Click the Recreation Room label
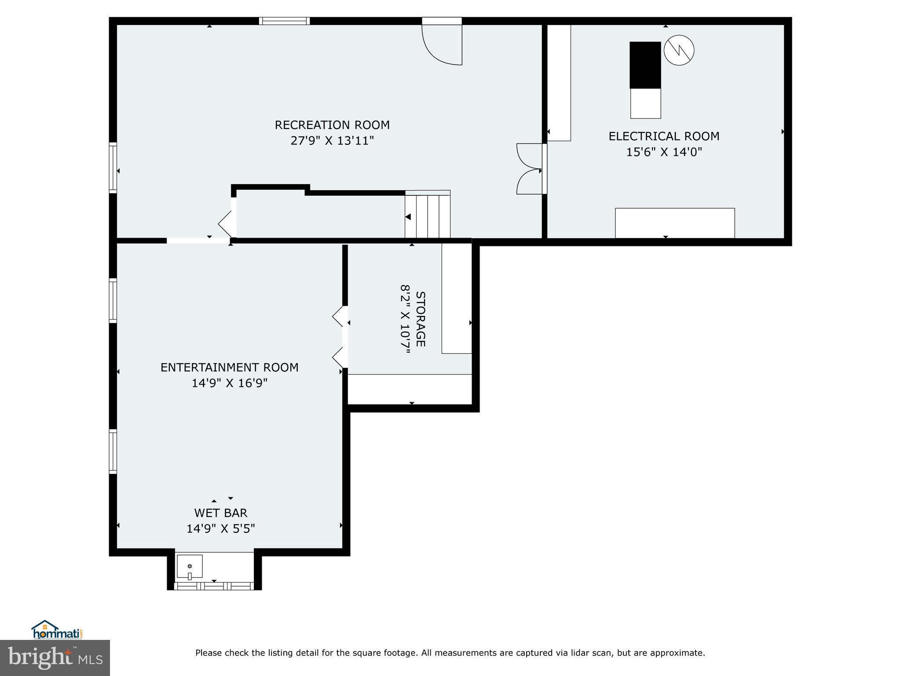coord(332,125)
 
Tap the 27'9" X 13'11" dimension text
coord(332,141)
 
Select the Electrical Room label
coord(664,136)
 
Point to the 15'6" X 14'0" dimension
coord(664,152)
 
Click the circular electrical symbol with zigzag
coord(679,51)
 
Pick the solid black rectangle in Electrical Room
coord(645,65)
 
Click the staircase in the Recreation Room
coord(427,216)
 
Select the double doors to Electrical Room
coord(530,169)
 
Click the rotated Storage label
coord(421,319)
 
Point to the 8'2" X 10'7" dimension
coord(405,319)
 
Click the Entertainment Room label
coord(229,367)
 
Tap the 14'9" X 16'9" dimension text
coord(229,383)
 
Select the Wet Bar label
coord(221,513)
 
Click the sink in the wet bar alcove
coord(190,567)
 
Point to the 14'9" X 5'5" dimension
coord(221,529)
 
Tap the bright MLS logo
coord(55,658)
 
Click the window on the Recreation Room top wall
coord(284,21)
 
